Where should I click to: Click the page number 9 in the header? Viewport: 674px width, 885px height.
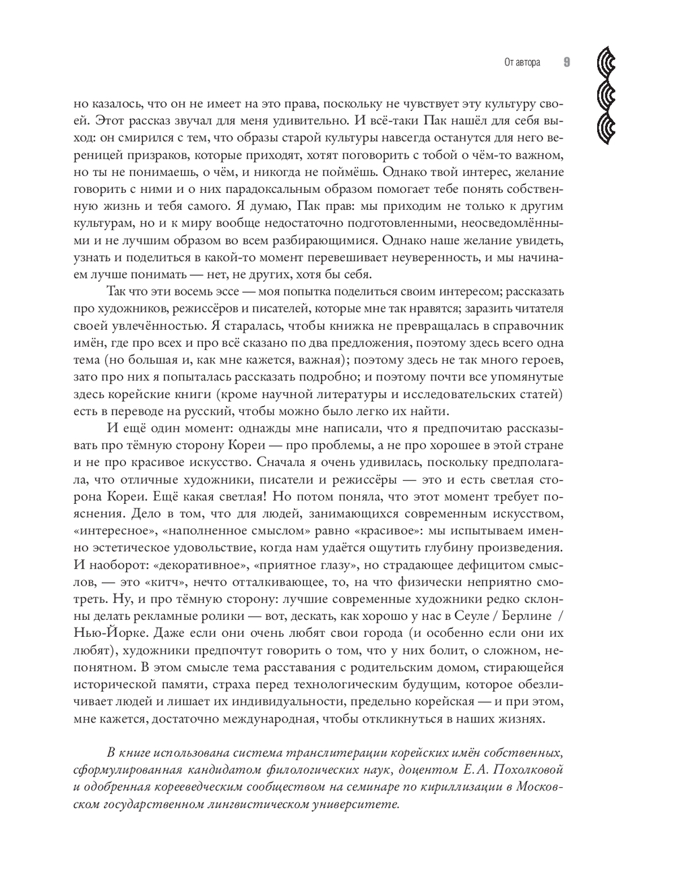566,63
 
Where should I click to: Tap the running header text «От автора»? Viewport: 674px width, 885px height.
522,63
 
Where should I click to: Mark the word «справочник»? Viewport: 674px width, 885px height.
526,325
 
